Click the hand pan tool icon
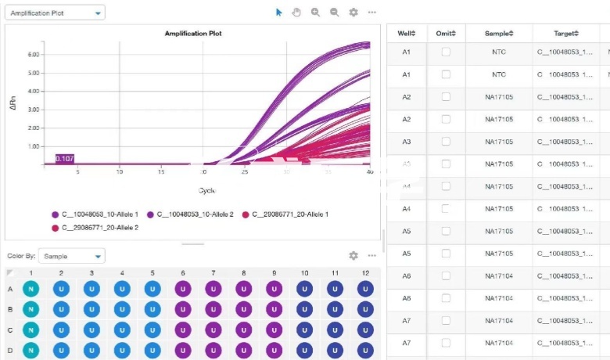(296, 13)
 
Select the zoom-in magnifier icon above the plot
(315, 13)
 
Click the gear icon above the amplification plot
(353, 13)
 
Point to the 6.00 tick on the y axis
(34, 54)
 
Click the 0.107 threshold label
(65, 159)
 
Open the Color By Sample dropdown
(71, 256)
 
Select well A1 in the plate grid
(30, 289)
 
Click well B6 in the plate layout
(182, 308)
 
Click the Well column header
(406, 34)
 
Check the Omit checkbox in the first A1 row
(446, 52)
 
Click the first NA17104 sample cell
(498, 276)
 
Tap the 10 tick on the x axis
(119, 171)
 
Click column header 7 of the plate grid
(213, 273)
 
